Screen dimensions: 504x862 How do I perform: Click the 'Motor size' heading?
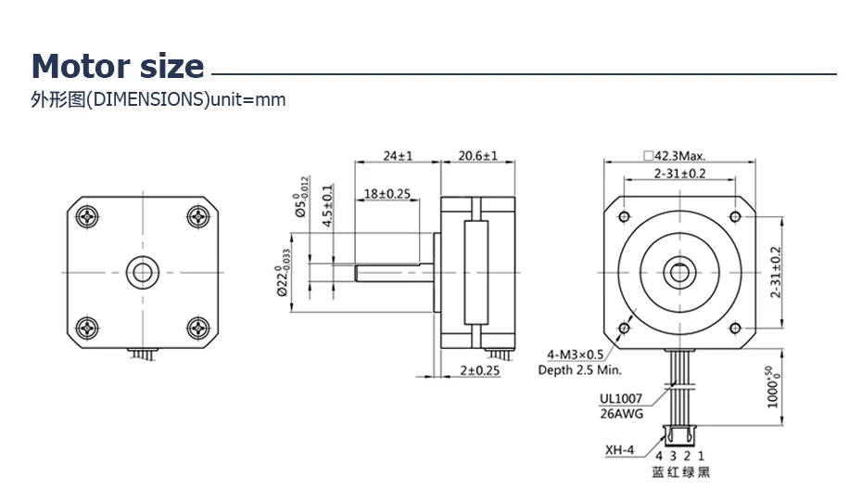point(118,67)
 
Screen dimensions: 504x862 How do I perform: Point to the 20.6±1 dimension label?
point(477,156)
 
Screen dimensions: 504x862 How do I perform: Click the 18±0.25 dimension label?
point(387,193)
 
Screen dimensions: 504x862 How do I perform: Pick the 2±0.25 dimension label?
point(479,370)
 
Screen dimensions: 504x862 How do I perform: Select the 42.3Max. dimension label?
point(680,156)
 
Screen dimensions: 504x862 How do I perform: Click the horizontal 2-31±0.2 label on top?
point(680,174)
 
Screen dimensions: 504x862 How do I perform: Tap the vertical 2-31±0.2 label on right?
point(776,271)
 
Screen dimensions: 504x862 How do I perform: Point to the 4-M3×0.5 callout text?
point(576,355)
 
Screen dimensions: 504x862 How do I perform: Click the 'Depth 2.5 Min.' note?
point(579,369)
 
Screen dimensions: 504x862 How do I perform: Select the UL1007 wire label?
point(620,399)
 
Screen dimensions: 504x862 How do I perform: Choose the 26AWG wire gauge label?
point(620,414)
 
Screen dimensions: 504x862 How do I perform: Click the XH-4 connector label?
point(620,452)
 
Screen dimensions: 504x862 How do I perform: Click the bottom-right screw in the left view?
point(198,327)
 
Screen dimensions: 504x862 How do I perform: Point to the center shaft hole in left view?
point(143,271)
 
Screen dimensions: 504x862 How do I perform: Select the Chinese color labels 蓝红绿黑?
point(680,472)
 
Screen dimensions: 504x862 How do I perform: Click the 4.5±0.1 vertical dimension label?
point(327,206)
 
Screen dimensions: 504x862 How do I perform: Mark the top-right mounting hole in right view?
point(735,216)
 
